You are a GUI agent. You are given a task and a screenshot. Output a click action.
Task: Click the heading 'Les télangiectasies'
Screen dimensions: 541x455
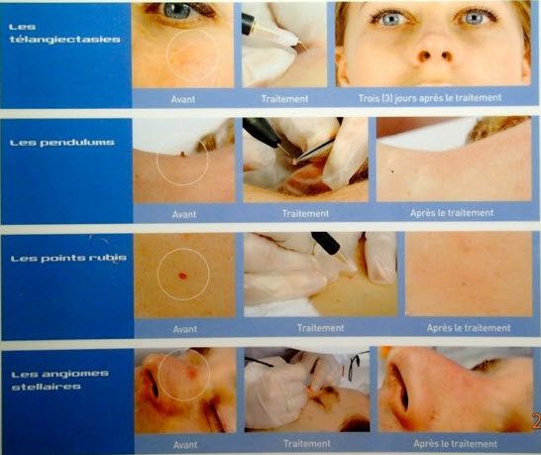(x=64, y=34)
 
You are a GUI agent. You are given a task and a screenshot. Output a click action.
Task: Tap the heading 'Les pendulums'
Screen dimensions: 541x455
(x=62, y=143)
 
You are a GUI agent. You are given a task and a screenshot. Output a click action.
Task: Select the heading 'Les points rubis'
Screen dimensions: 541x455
(x=68, y=258)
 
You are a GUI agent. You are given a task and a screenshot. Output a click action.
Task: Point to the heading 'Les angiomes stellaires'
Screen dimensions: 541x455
(x=60, y=380)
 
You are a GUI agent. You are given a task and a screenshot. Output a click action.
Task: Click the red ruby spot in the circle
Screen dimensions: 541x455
(x=183, y=276)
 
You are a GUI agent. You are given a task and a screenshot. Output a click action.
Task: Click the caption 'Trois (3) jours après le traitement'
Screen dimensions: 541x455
(x=430, y=98)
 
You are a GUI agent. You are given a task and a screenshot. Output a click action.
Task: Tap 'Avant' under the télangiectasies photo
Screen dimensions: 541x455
(x=183, y=99)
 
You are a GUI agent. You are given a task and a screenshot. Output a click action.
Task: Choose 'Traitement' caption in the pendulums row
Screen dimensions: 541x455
(x=305, y=214)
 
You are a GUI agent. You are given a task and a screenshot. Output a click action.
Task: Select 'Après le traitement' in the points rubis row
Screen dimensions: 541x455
(x=469, y=327)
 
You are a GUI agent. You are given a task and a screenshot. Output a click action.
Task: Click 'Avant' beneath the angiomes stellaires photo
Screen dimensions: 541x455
(x=185, y=445)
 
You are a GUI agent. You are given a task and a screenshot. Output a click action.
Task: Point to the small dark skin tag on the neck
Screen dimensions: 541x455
(x=182, y=154)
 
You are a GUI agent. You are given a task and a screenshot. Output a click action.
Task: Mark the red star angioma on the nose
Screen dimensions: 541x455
(x=191, y=372)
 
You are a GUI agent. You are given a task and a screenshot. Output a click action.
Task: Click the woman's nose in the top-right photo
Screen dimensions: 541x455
(x=431, y=50)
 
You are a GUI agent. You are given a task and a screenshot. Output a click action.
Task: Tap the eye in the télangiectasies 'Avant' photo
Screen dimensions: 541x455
(x=177, y=10)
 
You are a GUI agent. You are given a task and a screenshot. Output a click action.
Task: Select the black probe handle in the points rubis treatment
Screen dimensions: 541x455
(x=326, y=242)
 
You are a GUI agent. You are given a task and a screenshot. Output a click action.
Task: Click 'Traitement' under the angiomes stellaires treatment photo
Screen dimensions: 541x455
(x=307, y=444)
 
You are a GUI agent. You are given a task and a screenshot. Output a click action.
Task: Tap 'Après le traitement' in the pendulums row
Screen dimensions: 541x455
(x=452, y=213)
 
